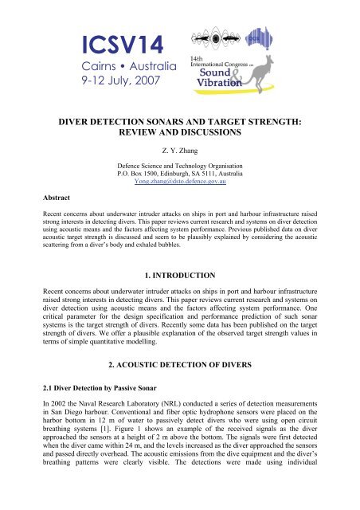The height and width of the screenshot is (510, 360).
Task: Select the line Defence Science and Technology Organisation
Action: pyautogui.click(x=179, y=165)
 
